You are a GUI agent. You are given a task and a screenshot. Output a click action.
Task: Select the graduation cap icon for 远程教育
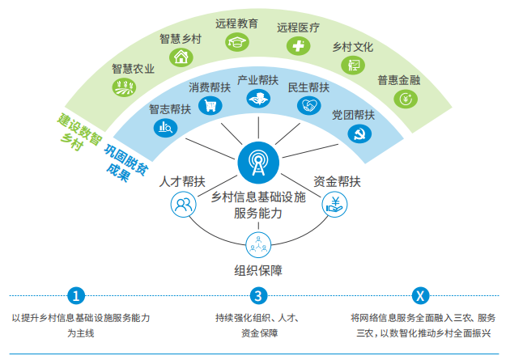[x=237, y=42]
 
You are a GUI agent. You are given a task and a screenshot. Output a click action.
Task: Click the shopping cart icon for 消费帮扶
[x=210, y=105]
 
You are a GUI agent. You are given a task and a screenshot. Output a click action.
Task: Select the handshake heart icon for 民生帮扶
[x=308, y=105]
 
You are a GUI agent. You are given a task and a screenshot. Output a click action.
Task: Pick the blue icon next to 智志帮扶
[x=167, y=126]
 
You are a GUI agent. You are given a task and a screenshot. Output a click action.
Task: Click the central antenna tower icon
[x=257, y=163]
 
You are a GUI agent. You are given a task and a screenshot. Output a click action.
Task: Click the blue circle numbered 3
[x=257, y=294]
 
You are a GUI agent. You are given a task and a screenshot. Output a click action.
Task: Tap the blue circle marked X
[x=419, y=294]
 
